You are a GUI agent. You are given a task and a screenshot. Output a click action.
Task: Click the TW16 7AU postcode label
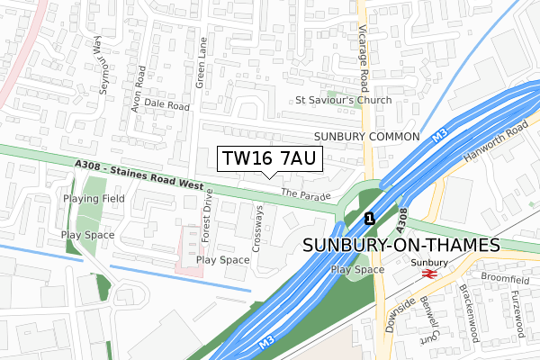(x=268, y=159)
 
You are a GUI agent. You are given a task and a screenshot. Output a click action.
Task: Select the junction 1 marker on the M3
(x=369, y=218)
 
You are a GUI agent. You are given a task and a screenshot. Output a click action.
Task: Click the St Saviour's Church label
(x=344, y=101)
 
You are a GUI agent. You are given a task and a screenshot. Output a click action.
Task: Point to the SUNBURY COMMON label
(x=367, y=136)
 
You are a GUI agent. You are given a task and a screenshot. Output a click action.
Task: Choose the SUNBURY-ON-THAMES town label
(x=401, y=246)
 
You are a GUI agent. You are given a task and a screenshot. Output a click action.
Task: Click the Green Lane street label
(x=202, y=64)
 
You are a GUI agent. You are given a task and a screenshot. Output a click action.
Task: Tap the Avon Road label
(x=139, y=88)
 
